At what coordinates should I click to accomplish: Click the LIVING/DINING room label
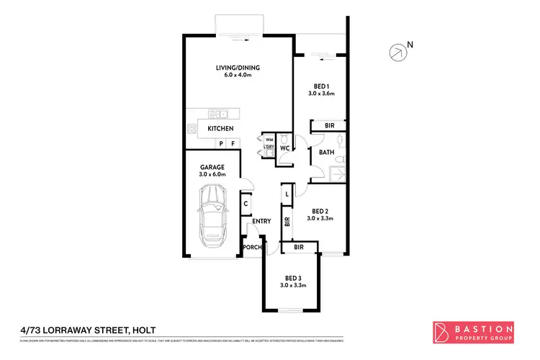[238, 68]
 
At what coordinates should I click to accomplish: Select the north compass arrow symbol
[395, 52]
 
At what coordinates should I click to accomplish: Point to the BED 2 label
[321, 211]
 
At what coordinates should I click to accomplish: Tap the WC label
[284, 149]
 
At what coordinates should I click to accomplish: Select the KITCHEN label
[220, 128]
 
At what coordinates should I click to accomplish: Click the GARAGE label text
[213, 167]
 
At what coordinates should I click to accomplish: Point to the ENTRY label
[261, 221]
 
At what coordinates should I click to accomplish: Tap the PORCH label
[251, 248]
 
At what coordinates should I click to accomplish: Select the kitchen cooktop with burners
[192, 129]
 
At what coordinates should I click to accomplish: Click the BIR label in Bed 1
[329, 125]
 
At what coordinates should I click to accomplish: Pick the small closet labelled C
[246, 204]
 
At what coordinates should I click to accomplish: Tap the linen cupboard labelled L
[287, 194]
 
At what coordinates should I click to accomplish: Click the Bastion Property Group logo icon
[441, 332]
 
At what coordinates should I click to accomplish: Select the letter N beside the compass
[410, 45]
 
